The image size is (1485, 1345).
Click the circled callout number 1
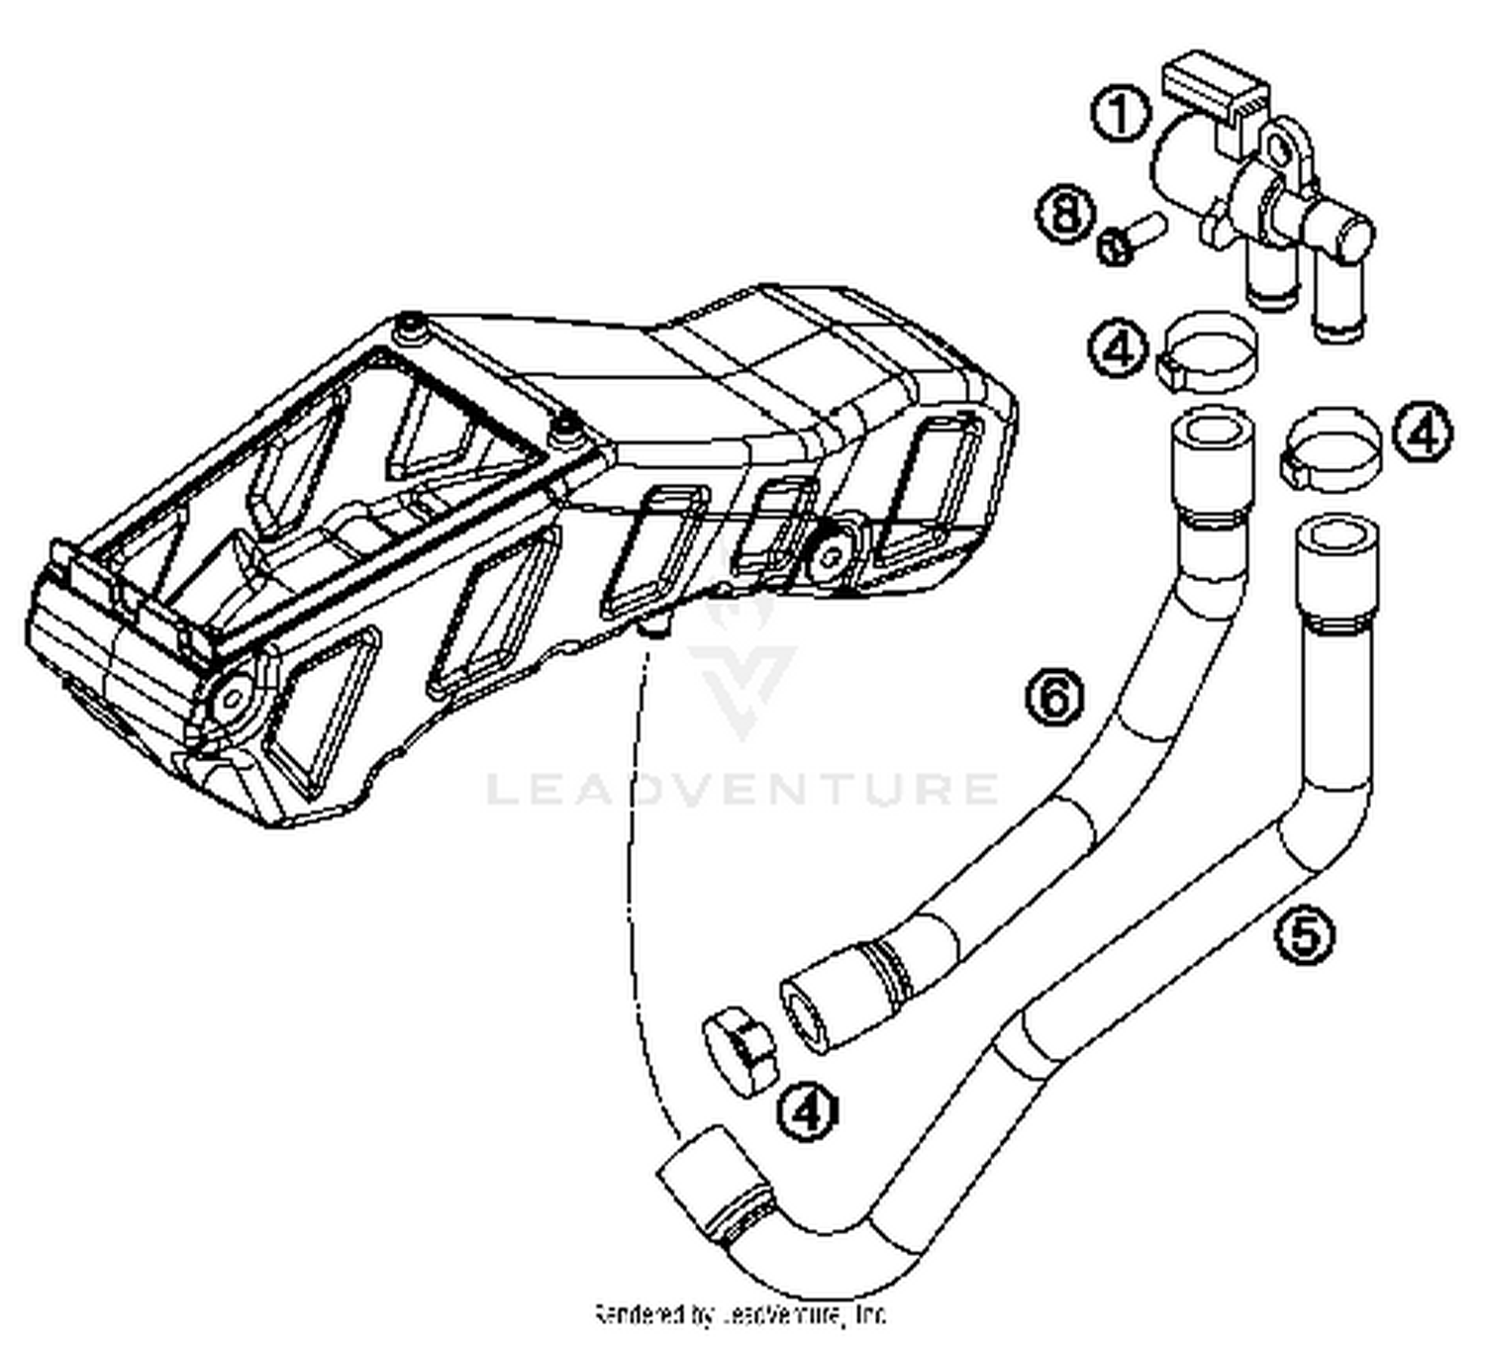1120,114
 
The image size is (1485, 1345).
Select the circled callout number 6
1054,697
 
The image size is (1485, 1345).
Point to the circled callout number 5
1304,933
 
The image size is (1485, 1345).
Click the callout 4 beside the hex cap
808,1110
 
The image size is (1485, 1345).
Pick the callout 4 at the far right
1423,433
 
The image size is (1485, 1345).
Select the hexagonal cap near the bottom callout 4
741,1051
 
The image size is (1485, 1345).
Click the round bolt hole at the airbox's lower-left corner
231,698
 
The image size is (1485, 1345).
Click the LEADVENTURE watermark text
742,789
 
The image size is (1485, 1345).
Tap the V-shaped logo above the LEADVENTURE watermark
742,663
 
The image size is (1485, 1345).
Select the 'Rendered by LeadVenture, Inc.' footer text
741,1314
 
